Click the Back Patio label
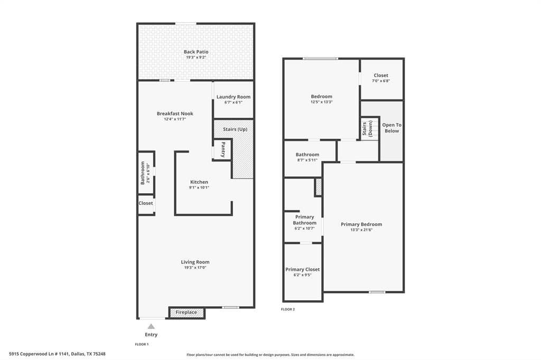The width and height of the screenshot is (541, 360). (x=196, y=52)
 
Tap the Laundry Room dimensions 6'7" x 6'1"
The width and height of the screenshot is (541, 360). (x=233, y=103)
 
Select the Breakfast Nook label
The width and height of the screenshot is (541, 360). (x=175, y=113)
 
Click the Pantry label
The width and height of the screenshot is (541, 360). (x=223, y=149)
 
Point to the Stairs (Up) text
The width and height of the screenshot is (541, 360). (x=235, y=129)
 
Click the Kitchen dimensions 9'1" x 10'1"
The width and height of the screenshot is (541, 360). (x=199, y=187)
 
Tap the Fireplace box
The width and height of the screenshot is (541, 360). (x=186, y=312)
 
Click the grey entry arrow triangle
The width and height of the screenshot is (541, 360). (x=151, y=326)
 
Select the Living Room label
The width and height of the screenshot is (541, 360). (x=195, y=262)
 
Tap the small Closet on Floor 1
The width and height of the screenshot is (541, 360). (x=146, y=203)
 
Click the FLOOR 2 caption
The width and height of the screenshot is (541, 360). (x=288, y=309)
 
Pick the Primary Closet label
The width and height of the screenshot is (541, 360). (x=303, y=269)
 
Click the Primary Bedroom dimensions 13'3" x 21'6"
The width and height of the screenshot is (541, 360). (x=361, y=230)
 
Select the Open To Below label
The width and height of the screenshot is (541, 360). (x=391, y=128)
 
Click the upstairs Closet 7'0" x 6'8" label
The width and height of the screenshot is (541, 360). (x=380, y=75)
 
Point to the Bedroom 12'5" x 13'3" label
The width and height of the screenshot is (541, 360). (x=321, y=97)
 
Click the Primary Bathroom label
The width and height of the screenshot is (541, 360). (x=304, y=220)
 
